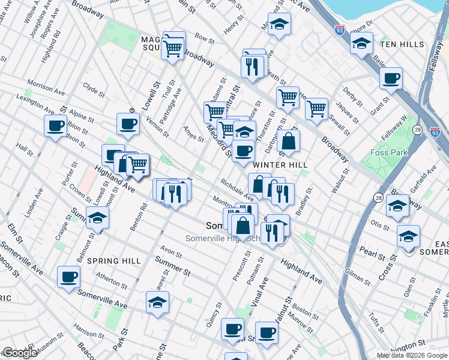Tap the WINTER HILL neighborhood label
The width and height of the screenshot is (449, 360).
(x=280, y=165)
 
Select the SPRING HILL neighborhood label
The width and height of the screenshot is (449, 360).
(x=114, y=261)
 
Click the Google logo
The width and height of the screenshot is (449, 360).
(x=19, y=353)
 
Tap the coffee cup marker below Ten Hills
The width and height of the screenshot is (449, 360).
(x=391, y=78)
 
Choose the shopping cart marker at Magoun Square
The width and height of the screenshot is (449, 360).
(x=173, y=47)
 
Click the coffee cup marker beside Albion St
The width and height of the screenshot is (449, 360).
(x=55, y=126)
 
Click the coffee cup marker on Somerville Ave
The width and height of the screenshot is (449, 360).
(x=68, y=277)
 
